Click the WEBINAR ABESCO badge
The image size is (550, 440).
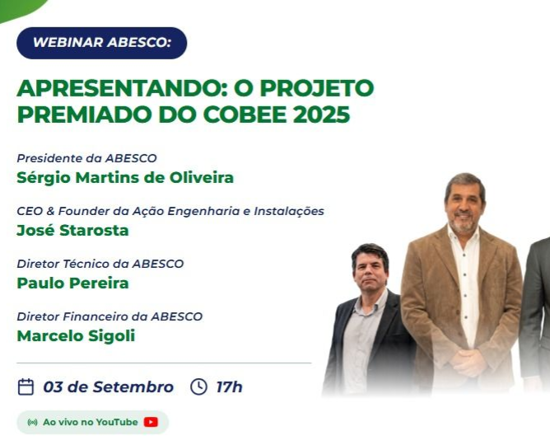click(102, 43)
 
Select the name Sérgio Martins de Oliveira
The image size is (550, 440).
click(125, 178)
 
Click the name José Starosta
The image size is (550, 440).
click(73, 231)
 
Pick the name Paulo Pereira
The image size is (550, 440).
click(73, 283)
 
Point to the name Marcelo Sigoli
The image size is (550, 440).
click(76, 336)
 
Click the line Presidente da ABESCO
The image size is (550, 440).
click(86, 158)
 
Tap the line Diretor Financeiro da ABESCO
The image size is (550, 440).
click(110, 316)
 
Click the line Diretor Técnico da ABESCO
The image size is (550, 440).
click(100, 264)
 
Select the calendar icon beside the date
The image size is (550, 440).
click(26, 387)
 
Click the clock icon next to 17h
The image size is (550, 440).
click(198, 386)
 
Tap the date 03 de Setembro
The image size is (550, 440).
click(109, 387)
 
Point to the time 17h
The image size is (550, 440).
click(229, 387)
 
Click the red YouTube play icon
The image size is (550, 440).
click(151, 422)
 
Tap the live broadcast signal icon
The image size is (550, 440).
click(32, 422)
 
